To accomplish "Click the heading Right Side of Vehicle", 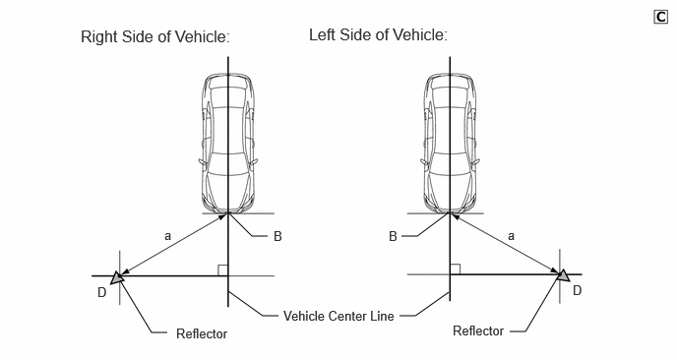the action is point(155,36).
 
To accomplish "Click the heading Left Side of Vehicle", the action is point(378,35).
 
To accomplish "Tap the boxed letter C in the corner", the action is point(660,17).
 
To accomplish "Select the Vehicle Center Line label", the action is point(338,316).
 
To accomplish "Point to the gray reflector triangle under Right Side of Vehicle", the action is point(117,277).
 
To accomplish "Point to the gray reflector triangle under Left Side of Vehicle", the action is point(563,275).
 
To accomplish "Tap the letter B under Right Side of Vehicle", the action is point(277,236).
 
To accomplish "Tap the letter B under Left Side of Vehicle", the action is point(393,236).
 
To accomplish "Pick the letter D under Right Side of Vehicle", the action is point(102,293).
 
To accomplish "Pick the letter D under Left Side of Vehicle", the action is point(578,290).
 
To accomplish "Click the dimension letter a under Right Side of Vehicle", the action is point(168,236).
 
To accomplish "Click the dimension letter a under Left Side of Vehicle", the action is point(512,236).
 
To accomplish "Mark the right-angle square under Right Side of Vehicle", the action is point(222,270).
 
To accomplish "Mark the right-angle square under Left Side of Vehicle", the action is point(455,269).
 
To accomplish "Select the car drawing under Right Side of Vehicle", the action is point(228,144).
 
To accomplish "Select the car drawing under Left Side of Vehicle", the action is point(450,144).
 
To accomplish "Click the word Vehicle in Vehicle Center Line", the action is point(303,316).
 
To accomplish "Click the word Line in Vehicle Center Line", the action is point(382,316).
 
